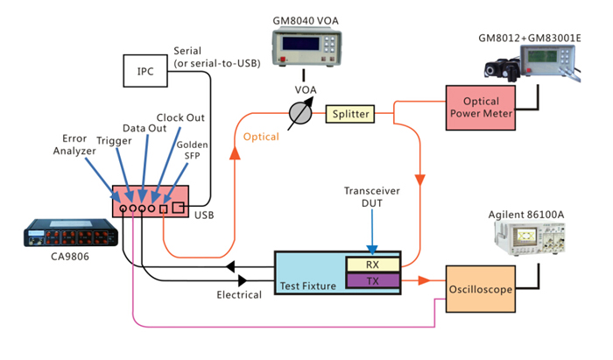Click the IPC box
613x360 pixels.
(146, 71)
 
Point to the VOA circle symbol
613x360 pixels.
(300, 113)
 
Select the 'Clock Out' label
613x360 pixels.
(180, 116)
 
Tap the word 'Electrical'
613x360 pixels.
(239, 295)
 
